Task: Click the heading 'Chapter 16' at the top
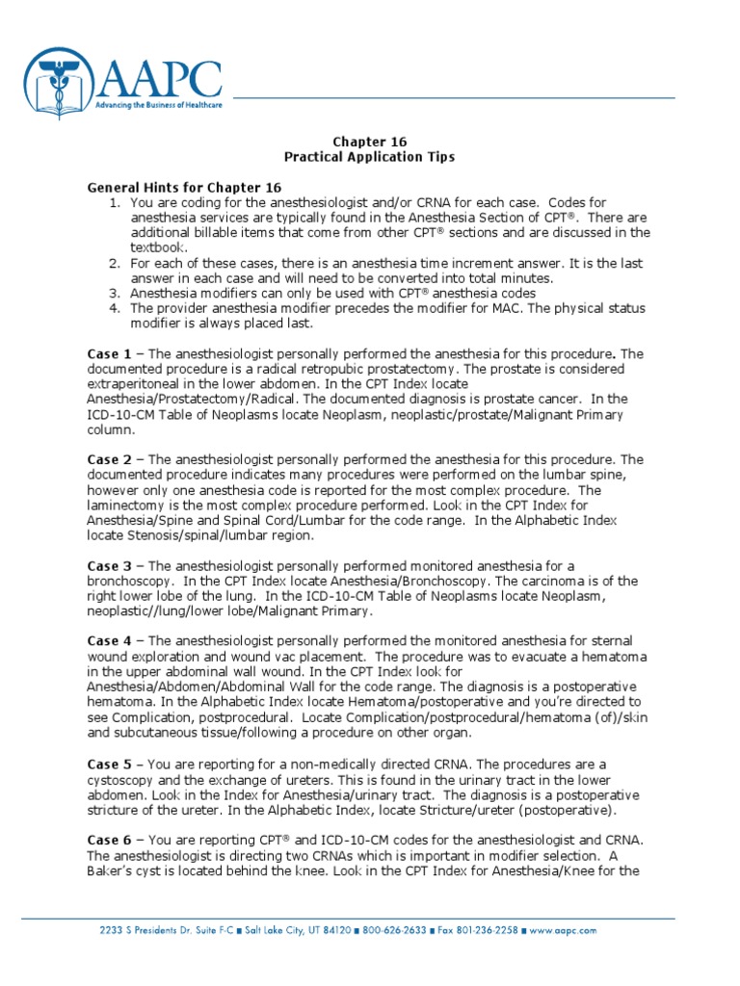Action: pos(370,142)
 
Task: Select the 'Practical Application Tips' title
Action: pos(370,156)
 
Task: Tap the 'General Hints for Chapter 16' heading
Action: pos(184,187)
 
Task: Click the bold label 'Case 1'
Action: pos(110,354)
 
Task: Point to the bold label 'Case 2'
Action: pos(110,460)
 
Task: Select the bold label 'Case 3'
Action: pos(110,566)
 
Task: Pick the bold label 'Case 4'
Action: pos(110,641)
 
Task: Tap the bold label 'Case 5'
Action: pos(110,764)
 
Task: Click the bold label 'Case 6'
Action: pos(110,839)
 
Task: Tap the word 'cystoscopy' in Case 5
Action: pos(123,779)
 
